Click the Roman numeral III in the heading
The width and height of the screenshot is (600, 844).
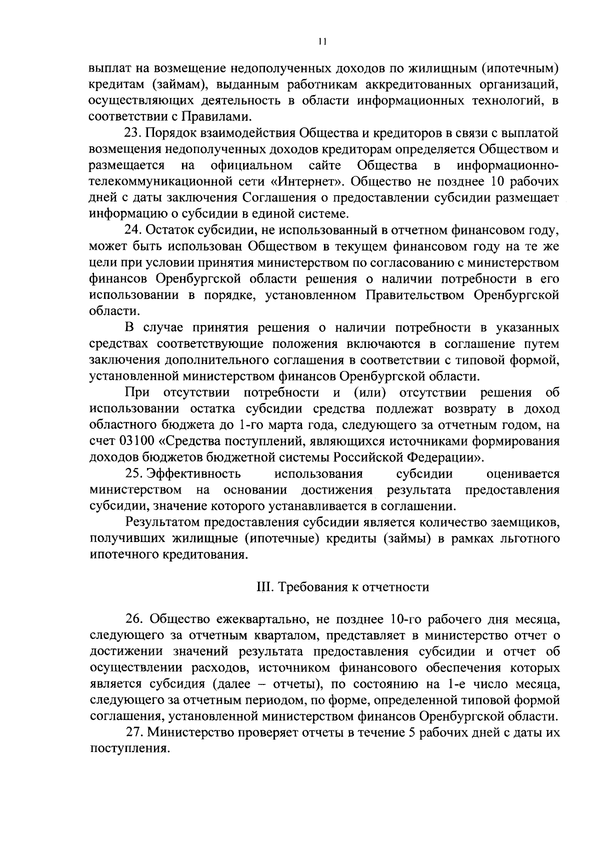263,586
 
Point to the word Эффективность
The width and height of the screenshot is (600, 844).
193,473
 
